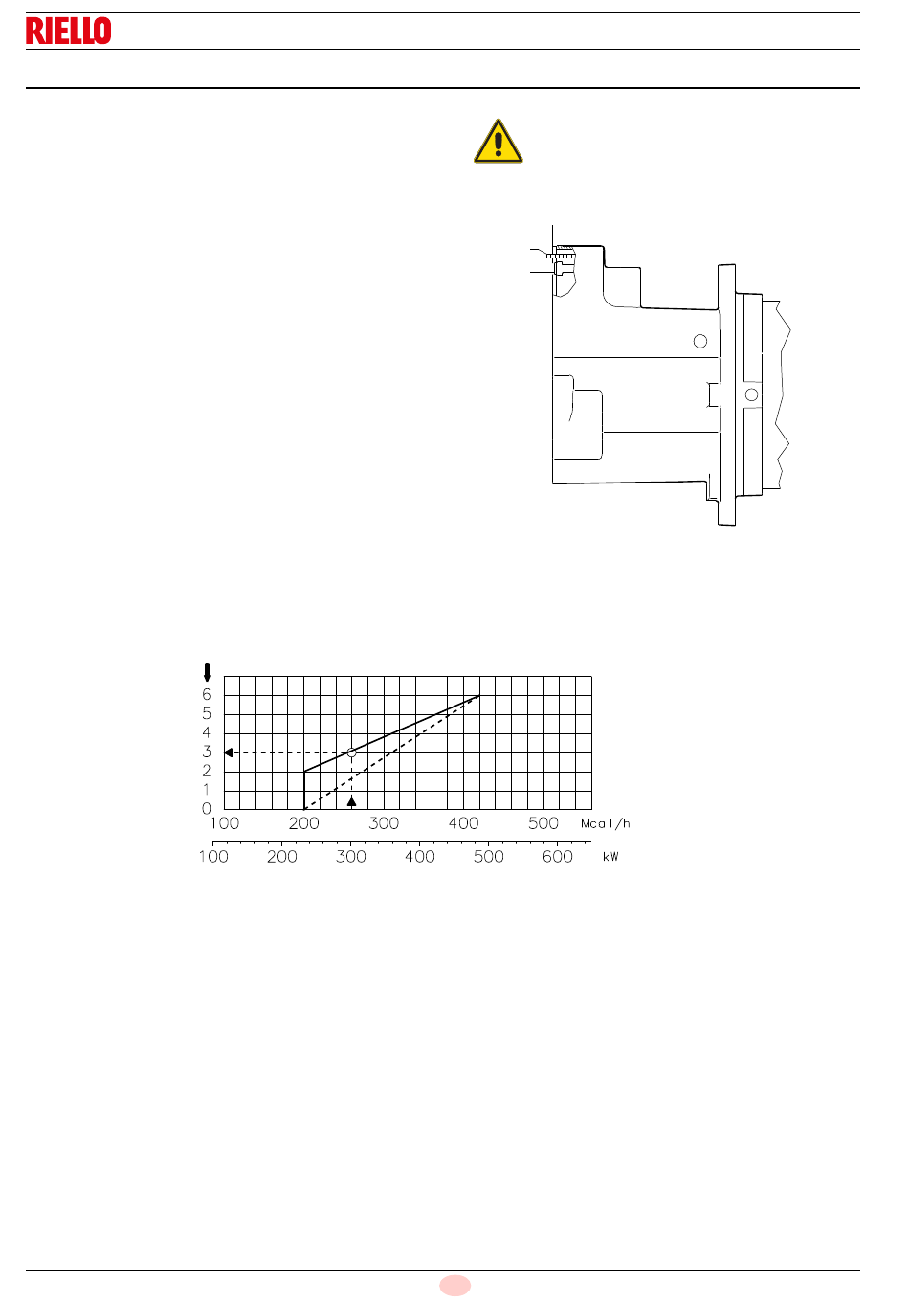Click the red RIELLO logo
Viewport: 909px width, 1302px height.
pos(69,31)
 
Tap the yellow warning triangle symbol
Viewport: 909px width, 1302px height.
pos(498,142)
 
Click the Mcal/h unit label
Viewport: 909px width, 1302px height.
pos(606,823)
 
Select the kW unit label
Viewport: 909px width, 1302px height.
pos(610,856)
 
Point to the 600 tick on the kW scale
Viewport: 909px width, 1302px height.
pos(558,856)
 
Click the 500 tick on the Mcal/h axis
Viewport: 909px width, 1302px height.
pos(543,823)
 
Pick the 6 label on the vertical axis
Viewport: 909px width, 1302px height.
pos(206,694)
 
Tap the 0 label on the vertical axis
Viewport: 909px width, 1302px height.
pos(206,808)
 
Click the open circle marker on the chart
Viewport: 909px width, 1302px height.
pos(351,752)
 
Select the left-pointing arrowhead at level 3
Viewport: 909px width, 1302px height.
pos(229,752)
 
